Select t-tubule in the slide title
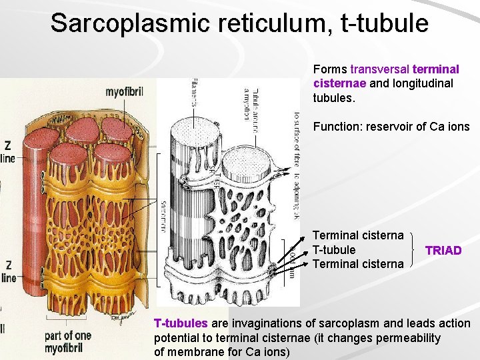coord(385,23)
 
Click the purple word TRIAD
coord(443,250)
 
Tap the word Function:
coord(337,127)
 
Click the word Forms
coord(330,69)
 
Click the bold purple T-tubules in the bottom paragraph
coord(181,323)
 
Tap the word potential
coord(176,337)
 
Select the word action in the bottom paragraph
coord(455,323)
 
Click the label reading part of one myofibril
coord(68,341)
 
